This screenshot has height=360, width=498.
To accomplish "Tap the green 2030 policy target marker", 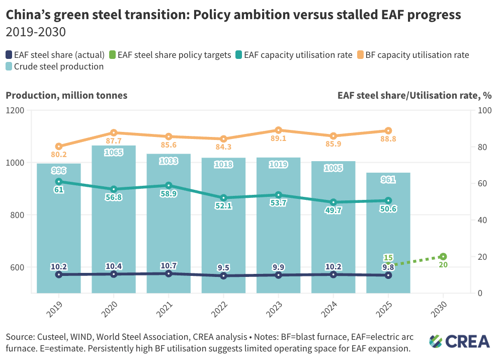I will point(443,257).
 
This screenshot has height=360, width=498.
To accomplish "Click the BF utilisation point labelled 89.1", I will point(278,130).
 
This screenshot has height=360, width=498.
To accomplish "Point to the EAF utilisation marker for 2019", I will point(59,181).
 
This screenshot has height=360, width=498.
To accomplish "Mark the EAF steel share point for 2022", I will point(223,276).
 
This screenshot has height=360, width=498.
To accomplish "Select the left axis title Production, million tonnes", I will point(66,95).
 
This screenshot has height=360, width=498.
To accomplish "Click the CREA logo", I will point(459,341).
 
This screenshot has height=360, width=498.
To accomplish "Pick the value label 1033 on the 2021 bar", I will point(169,161).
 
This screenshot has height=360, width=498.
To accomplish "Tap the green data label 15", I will point(388,258).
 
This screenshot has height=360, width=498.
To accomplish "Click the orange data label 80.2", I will point(58,155).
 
